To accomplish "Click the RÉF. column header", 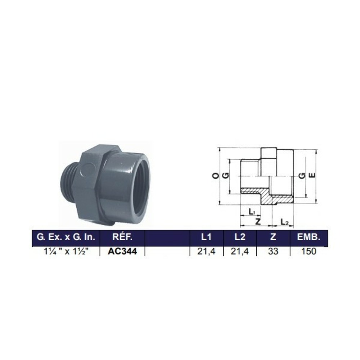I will pyautogui.click(x=122, y=237).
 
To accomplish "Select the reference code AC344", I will pyautogui.click(x=122, y=251).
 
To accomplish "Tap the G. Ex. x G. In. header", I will pyautogui.click(x=66, y=237).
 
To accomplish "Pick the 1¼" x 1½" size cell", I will pyautogui.click(x=66, y=251).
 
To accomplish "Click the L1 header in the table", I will pyautogui.click(x=206, y=237).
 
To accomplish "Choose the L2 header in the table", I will pyautogui.click(x=240, y=237).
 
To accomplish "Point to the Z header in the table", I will pyautogui.click(x=273, y=237).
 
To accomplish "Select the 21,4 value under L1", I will pyautogui.click(x=206, y=251).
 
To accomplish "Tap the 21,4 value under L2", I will pyautogui.click(x=240, y=251).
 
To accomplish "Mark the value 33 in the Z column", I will pyautogui.click(x=273, y=251).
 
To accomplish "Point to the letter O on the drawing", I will pyautogui.click(x=215, y=176).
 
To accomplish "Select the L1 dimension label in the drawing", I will pyautogui.click(x=252, y=211).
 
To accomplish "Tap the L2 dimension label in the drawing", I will pyautogui.click(x=284, y=222).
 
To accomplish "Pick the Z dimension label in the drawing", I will pyautogui.click(x=258, y=221).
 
